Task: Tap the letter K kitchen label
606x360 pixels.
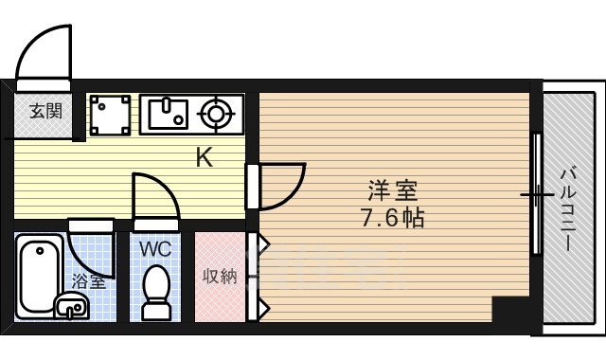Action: click(204, 157)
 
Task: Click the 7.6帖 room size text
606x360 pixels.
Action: click(391, 218)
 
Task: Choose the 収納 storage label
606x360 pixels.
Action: click(220, 278)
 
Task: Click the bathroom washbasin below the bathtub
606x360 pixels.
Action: click(71, 305)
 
